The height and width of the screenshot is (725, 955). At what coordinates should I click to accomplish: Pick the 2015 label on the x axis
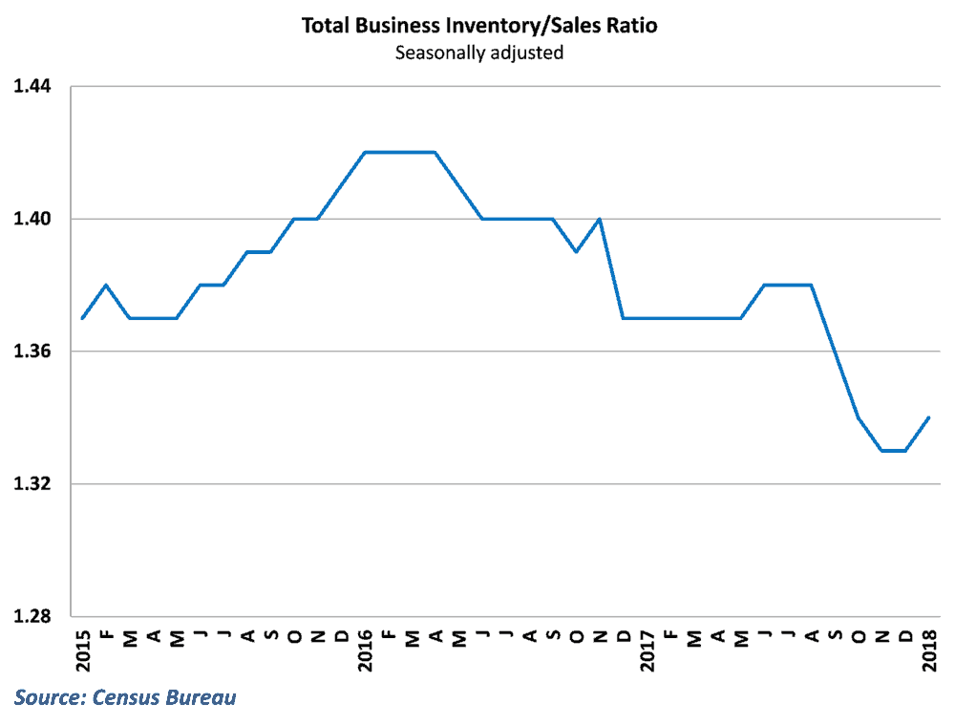click(x=82, y=649)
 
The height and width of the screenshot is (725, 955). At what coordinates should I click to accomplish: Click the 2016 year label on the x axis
click(x=365, y=649)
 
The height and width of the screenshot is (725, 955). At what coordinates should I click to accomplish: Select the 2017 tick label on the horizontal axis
click(x=647, y=649)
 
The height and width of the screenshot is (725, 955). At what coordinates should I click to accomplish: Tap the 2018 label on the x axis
click(x=929, y=649)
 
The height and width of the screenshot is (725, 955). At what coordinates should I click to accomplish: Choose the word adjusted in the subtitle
click(x=527, y=53)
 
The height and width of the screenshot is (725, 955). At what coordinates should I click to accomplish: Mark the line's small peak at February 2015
click(x=106, y=285)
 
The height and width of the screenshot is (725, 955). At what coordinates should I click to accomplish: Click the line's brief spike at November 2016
click(x=600, y=219)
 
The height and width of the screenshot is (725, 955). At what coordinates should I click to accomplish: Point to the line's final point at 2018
click(x=929, y=417)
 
